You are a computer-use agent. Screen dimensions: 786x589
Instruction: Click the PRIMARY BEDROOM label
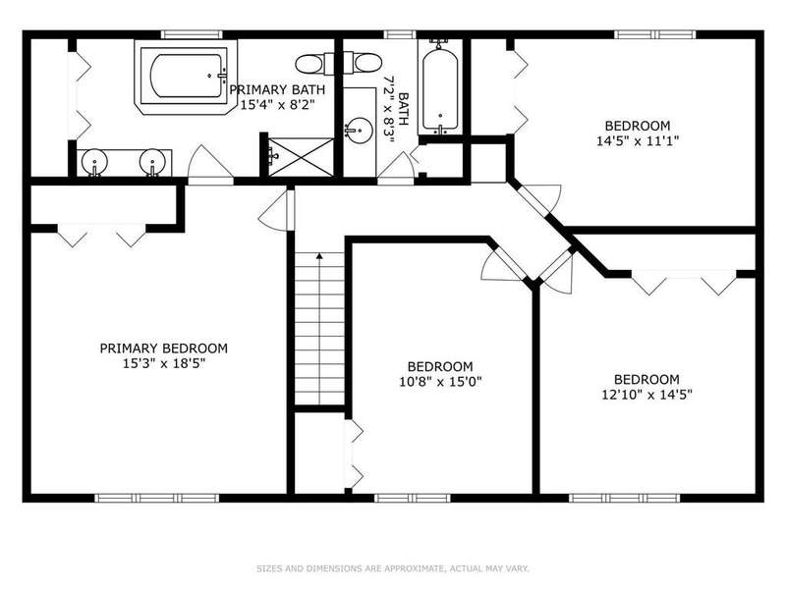[x=163, y=348]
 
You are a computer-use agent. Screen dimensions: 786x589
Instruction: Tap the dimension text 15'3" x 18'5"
[x=164, y=363]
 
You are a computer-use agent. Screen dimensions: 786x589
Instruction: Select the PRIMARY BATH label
[x=277, y=89]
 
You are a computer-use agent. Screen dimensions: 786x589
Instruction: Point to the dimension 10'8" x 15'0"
[x=440, y=382]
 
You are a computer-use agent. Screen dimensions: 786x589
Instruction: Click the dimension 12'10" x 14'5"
[x=646, y=395]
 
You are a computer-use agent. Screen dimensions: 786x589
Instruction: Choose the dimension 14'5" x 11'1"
[x=638, y=140]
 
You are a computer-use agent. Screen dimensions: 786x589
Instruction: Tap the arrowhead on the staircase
[x=319, y=256]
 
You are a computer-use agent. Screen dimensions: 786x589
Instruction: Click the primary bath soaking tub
[x=186, y=77]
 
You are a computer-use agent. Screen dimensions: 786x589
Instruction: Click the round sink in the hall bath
[x=359, y=131]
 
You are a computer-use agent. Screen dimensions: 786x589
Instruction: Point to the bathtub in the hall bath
[x=439, y=89]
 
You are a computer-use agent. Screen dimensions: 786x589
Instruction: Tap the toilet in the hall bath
[x=363, y=64]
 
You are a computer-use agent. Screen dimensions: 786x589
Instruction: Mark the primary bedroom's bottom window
[x=157, y=498]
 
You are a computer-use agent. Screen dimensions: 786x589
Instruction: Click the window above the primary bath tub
[x=192, y=34]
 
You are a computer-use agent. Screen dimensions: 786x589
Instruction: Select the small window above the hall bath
[x=400, y=34]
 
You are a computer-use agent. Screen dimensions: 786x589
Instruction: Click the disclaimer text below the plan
[x=393, y=568]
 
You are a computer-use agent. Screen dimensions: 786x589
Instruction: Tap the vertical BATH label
[x=404, y=109]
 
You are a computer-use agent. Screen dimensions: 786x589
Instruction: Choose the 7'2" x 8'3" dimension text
[x=388, y=109]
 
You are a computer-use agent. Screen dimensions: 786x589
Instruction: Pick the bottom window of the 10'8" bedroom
[x=413, y=498]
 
